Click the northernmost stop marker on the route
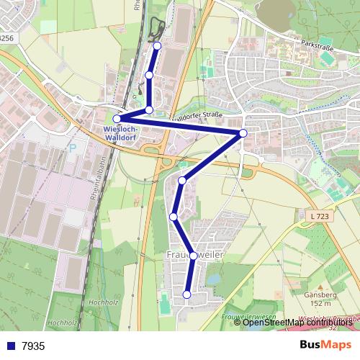pyautogui.click(x=158, y=46)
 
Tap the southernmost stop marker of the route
pyautogui.click(x=186, y=294)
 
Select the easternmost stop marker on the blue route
pyautogui.click(x=243, y=133)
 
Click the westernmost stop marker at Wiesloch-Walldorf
pyautogui.click(x=117, y=119)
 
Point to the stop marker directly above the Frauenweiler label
pyautogui.click(x=193, y=255)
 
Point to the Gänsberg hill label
pyautogui.click(x=317, y=295)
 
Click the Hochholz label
pyautogui.click(x=64, y=323)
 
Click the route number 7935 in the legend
pyautogui.click(x=33, y=346)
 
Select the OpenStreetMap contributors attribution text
pyautogui.click(x=298, y=322)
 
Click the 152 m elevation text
pyautogui.click(x=318, y=303)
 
